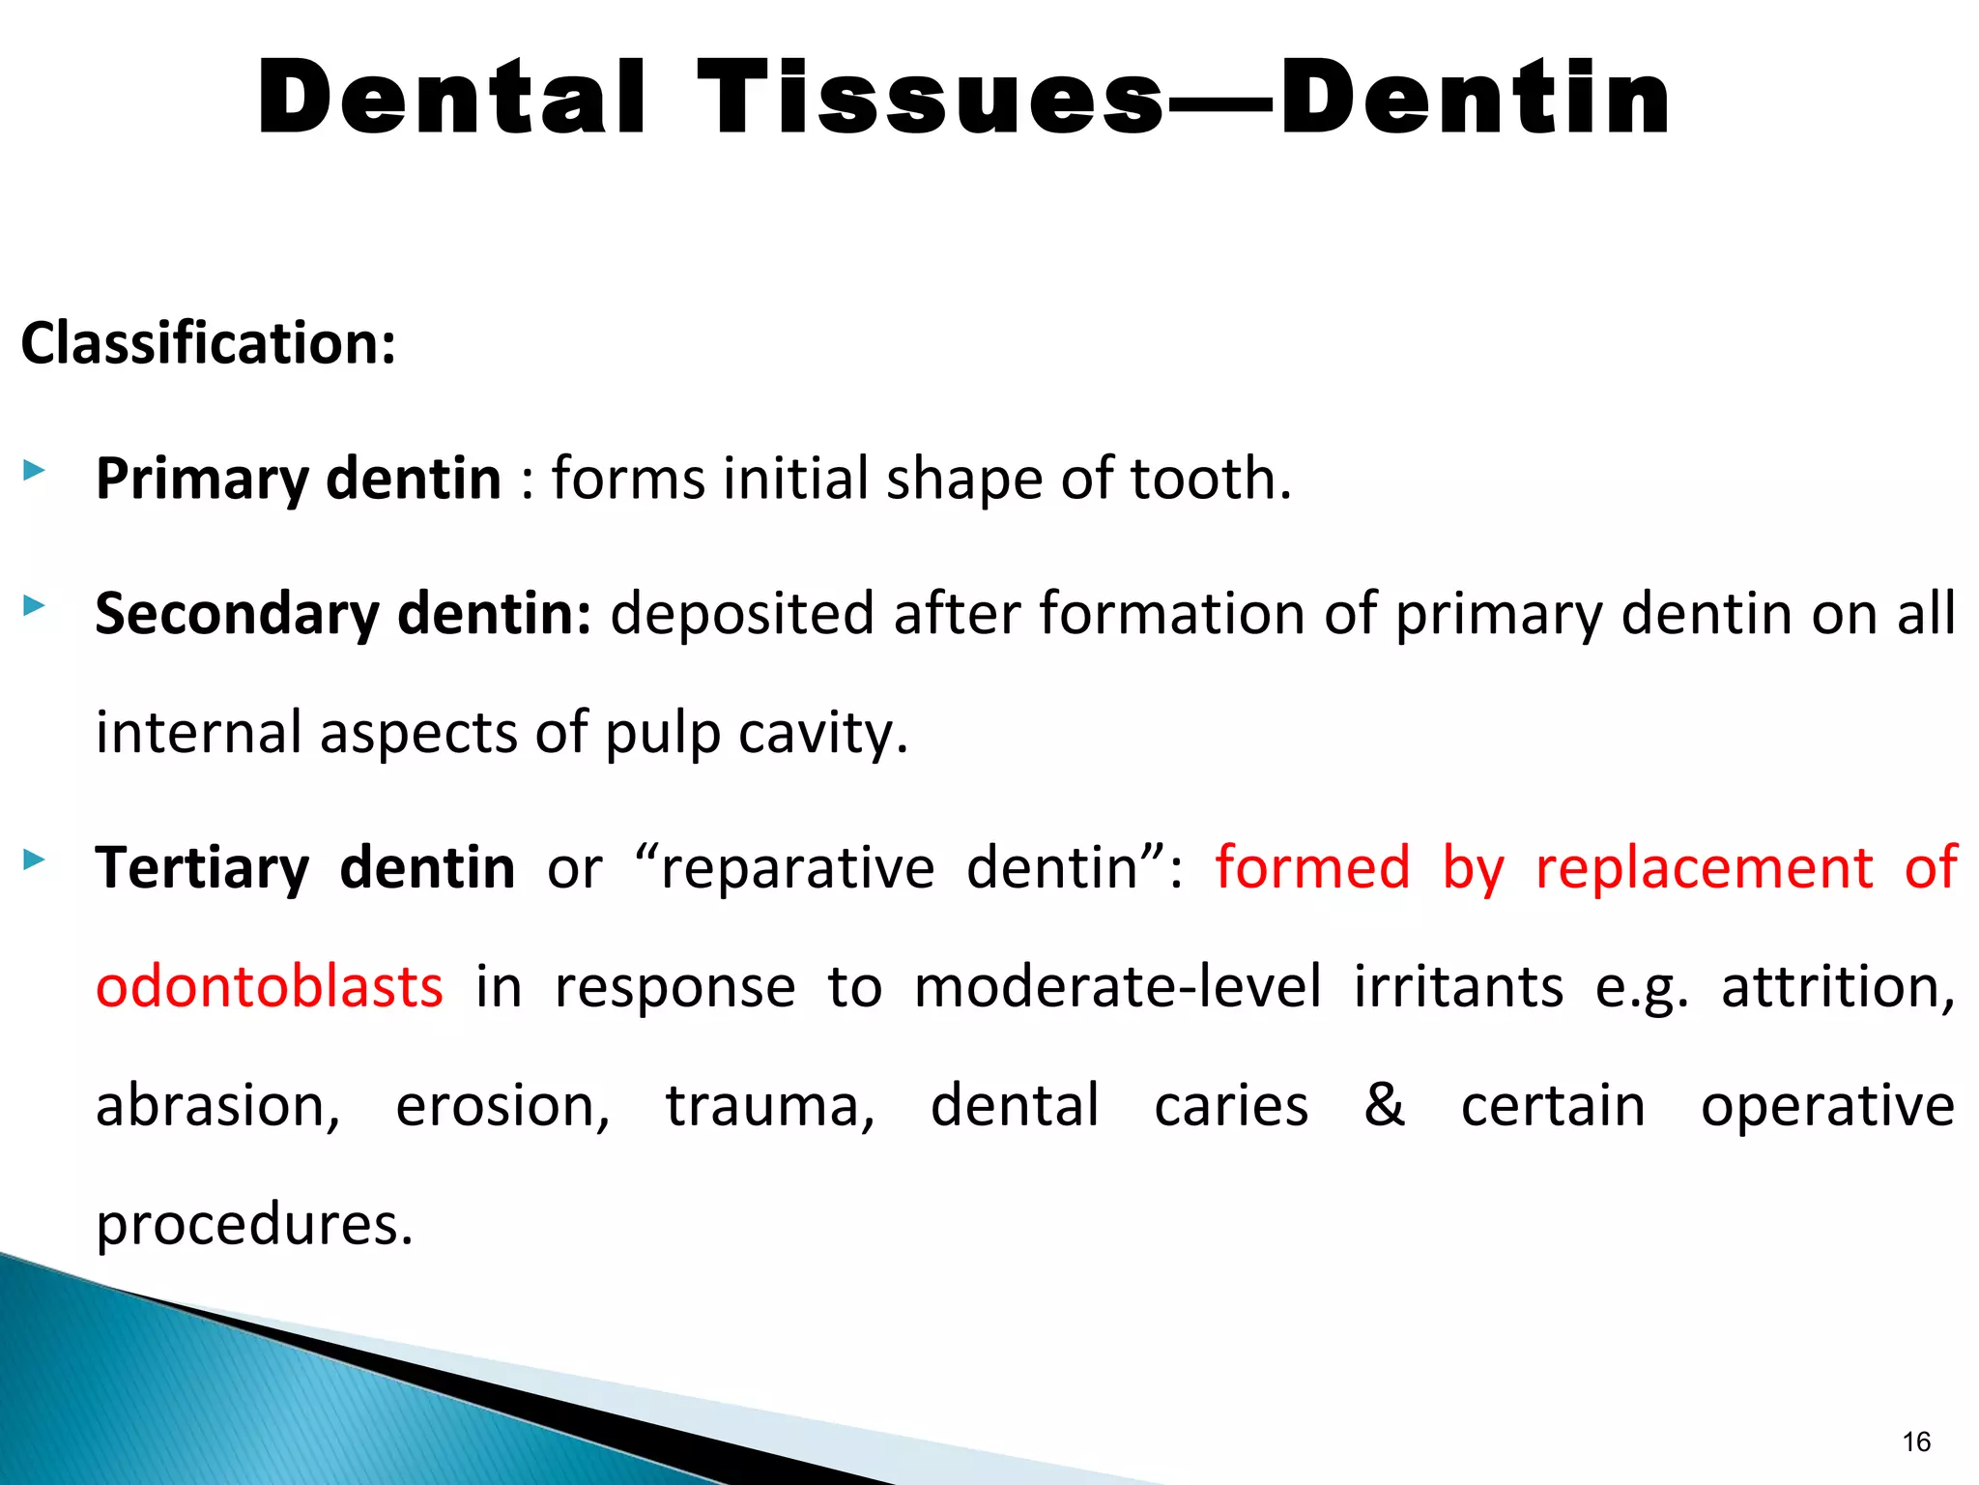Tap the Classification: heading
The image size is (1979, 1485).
pos(209,343)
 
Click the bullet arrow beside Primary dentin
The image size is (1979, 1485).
pos(34,472)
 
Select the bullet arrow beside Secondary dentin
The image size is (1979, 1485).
pos(34,607)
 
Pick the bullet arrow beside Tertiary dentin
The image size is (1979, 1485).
pos(34,859)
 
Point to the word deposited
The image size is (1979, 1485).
pos(741,615)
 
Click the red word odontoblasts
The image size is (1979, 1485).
pos(270,987)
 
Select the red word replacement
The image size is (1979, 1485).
pos(1704,867)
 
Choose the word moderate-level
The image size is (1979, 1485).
pos(1117,987)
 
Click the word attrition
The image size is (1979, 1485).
pos(1837,987)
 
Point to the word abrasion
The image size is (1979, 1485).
pos(217,1106)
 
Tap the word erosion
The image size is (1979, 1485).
pos(502,1106)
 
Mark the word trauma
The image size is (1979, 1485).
pos(769,1106)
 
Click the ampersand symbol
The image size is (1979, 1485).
pos(1384,1104)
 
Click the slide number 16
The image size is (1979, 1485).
pos(1915,1441)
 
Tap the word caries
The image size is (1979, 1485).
pos(1231,1106)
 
